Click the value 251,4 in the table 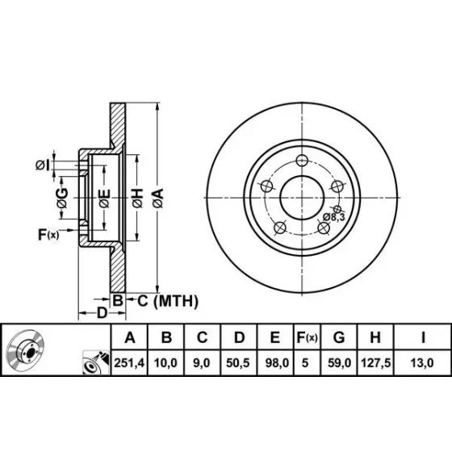pos(129,363)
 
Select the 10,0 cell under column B pos(165,363)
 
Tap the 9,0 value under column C pos(202,363)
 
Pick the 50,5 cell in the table pos(238,363)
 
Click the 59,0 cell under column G pos(339,363)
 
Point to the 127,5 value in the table pos(375,363)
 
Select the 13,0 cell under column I pos(422,363)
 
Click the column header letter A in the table pos(130,337)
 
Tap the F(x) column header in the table pos(307,337)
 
